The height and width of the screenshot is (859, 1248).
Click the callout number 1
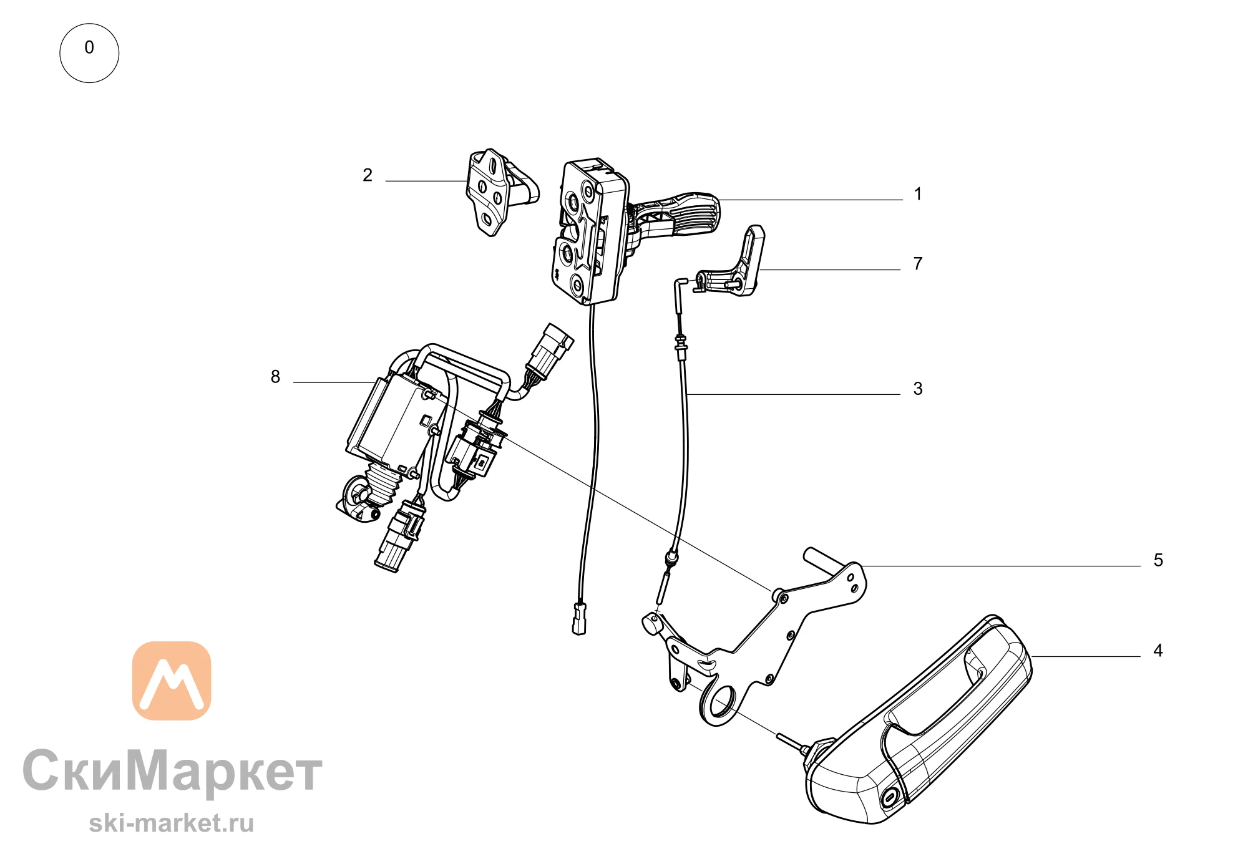(917, 194)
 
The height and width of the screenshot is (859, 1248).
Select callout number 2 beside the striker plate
(368, 175)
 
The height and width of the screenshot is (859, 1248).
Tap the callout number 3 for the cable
(917, 389)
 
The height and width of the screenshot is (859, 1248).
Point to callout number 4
(1158, 651)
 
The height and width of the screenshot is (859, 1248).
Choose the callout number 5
(1158, 560)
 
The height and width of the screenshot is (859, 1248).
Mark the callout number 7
(917, 264)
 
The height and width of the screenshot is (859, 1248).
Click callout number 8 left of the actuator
(275, 377)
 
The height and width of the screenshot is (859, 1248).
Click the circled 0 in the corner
(89, 53)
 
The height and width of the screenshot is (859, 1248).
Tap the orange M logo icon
(172, 681)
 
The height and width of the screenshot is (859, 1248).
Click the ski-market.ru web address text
(172, 823)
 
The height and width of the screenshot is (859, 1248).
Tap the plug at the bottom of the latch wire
(579, 618)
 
